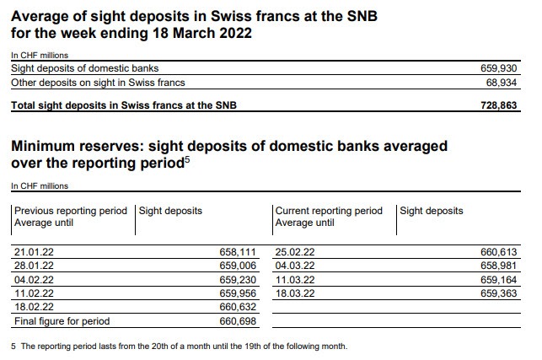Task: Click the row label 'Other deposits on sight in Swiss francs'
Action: pyautogui.click(x=98, y=82)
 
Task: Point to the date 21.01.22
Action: pyautogui.click(x=35, y=251)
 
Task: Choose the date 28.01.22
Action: pyautogui.click(x=35, y=265)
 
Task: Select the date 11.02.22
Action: pyautogui.click(x=35, y=293)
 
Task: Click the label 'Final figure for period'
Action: pyautogui.click(x=62, y=321)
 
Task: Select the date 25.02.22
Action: pyautogui.click(x=295, y=251)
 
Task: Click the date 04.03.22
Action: pyautogui.click(x=295, y=265)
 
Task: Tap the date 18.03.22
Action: pyautogui.click(x=295, y=293)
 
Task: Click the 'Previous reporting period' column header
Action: pyautogui.click(x=71, y=211)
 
